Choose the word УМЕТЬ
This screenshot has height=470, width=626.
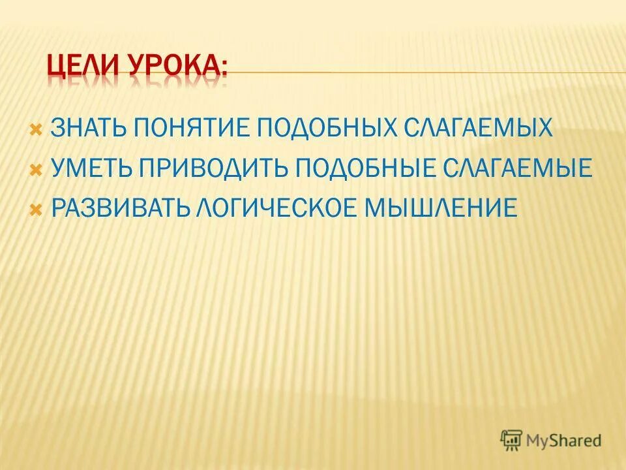click(x=91, y=168)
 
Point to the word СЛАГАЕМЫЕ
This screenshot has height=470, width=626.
click(x=514, y=168)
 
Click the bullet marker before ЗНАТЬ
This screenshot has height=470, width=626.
click(x=37, y=128)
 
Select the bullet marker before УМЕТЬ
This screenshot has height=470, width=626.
click(x=37, y=168)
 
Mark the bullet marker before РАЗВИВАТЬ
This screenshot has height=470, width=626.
click(x=37, y=209)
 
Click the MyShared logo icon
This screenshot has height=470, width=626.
click(x=511, y=439)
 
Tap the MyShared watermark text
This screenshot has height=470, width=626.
click(x=563, y=440)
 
